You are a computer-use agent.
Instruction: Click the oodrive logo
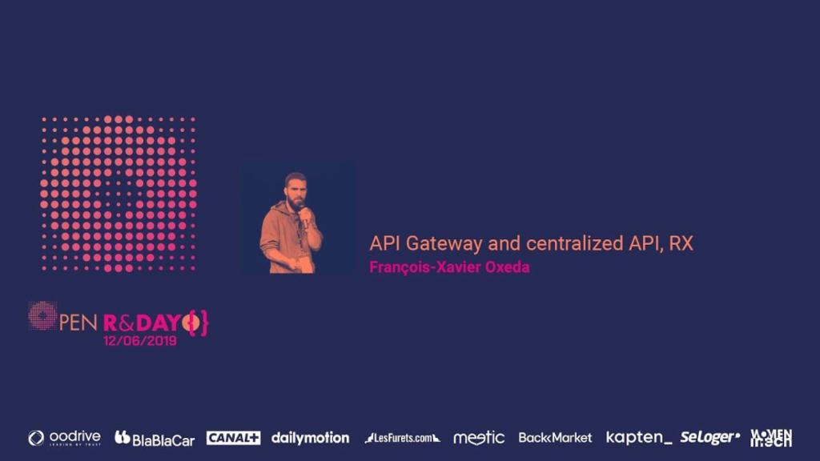click(64, 438)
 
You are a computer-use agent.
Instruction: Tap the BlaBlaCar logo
click(155, 438)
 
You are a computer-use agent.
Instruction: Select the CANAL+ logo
click(233, 438)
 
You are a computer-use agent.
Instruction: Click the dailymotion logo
click(310, 438)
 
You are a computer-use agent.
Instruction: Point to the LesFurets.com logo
click(402, 438)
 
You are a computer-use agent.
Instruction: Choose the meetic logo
click(479, 438)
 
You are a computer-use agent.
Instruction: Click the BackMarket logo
click(555, 438)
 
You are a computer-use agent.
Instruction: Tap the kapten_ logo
click(639, 438)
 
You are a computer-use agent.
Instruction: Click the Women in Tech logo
click(771, 437)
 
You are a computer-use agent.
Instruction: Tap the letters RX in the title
click(681, 244)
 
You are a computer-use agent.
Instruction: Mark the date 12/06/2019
click(140, 340)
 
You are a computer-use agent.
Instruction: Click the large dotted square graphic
click(119, 194)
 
